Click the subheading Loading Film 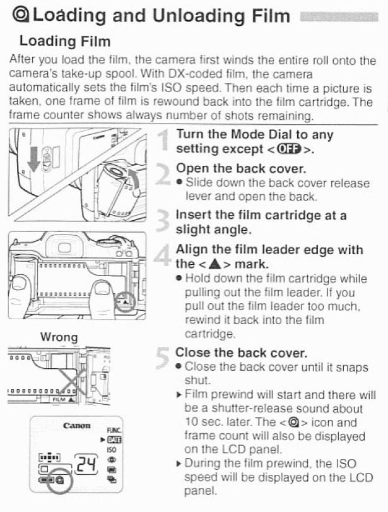click(x=65, y=42)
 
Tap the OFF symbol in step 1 click(x=289, y=150)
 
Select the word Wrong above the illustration click(x=59, y=337)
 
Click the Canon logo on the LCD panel click(x=76, y=426)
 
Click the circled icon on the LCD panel click(x=60, y=480)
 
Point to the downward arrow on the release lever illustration click(x=34, y=160)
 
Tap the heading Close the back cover click(x=242, y=352)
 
